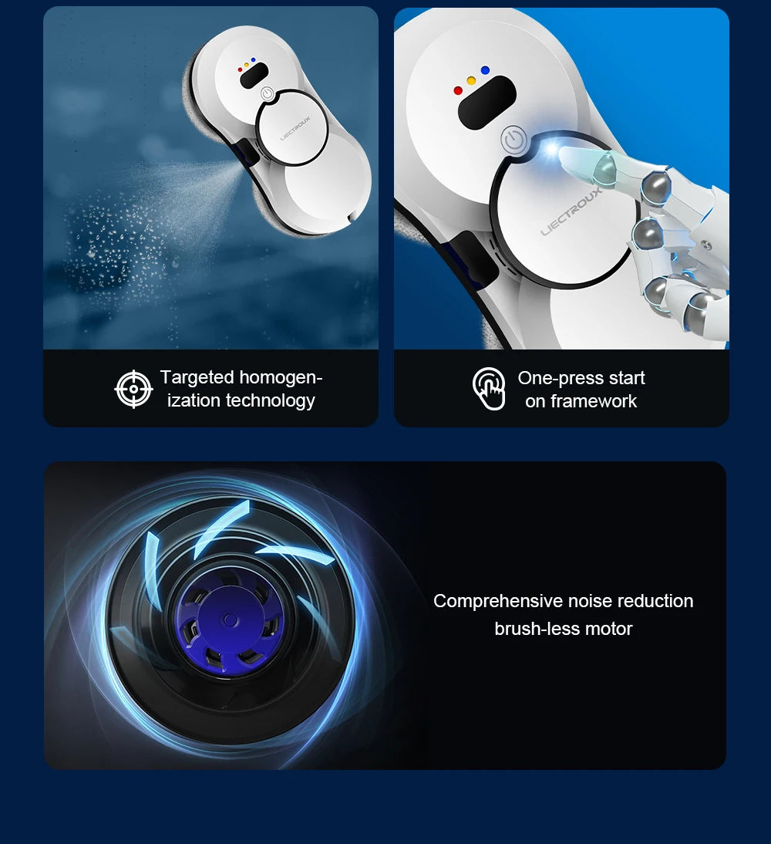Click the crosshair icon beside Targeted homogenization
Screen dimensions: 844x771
click(133, 389)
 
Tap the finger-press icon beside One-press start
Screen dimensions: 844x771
click(489, 389)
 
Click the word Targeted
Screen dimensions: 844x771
click(197, 377)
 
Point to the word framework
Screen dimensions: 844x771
click(594, 401)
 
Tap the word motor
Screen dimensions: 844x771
click(608, 629)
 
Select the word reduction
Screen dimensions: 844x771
click(655, 601)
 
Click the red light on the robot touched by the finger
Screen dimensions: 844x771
click(458, 90)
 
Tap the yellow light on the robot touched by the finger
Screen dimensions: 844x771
click(471, 80)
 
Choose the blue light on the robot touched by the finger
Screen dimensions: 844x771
click(485, 70)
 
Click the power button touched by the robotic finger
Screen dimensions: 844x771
click(513, 140)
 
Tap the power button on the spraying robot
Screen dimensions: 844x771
click(267, 93)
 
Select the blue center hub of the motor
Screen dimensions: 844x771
click(228, 619)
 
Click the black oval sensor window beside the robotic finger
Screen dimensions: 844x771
click(487, 103)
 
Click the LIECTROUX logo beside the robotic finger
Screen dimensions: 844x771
click(571, 210)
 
